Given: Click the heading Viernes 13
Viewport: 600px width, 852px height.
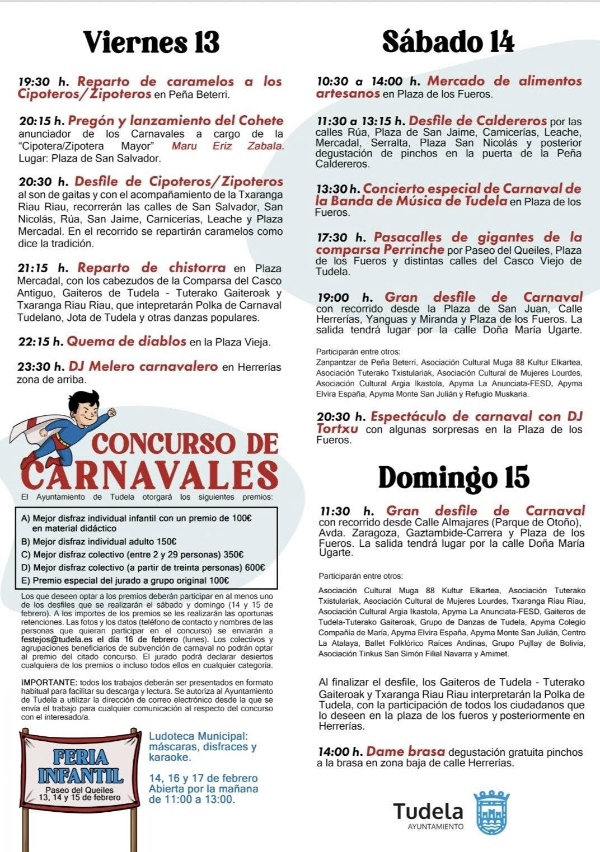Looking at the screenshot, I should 151,42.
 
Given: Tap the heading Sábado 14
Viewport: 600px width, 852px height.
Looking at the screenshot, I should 448,41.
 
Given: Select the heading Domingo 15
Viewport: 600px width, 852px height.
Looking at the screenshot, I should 453,477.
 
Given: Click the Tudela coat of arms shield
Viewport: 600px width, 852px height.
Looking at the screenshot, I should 491,812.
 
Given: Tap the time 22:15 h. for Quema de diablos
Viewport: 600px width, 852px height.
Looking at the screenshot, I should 40,342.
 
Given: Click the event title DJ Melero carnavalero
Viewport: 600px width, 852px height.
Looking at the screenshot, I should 143,367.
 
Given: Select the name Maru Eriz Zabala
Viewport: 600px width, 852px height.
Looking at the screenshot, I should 227,146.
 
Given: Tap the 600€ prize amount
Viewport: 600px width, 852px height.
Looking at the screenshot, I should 254,567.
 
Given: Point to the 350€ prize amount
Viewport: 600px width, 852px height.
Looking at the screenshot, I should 233,555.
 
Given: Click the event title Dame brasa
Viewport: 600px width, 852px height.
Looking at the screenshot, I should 405,752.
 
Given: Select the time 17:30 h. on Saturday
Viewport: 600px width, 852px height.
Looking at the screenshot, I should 341,238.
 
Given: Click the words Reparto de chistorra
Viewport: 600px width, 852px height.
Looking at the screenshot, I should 151,268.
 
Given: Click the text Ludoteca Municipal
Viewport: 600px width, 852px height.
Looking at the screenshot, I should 198,736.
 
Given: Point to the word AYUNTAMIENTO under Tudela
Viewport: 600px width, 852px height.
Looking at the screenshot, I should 435,826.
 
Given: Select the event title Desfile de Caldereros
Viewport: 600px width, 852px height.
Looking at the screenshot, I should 477,121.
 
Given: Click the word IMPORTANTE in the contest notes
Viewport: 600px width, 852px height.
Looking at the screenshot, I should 49,682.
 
